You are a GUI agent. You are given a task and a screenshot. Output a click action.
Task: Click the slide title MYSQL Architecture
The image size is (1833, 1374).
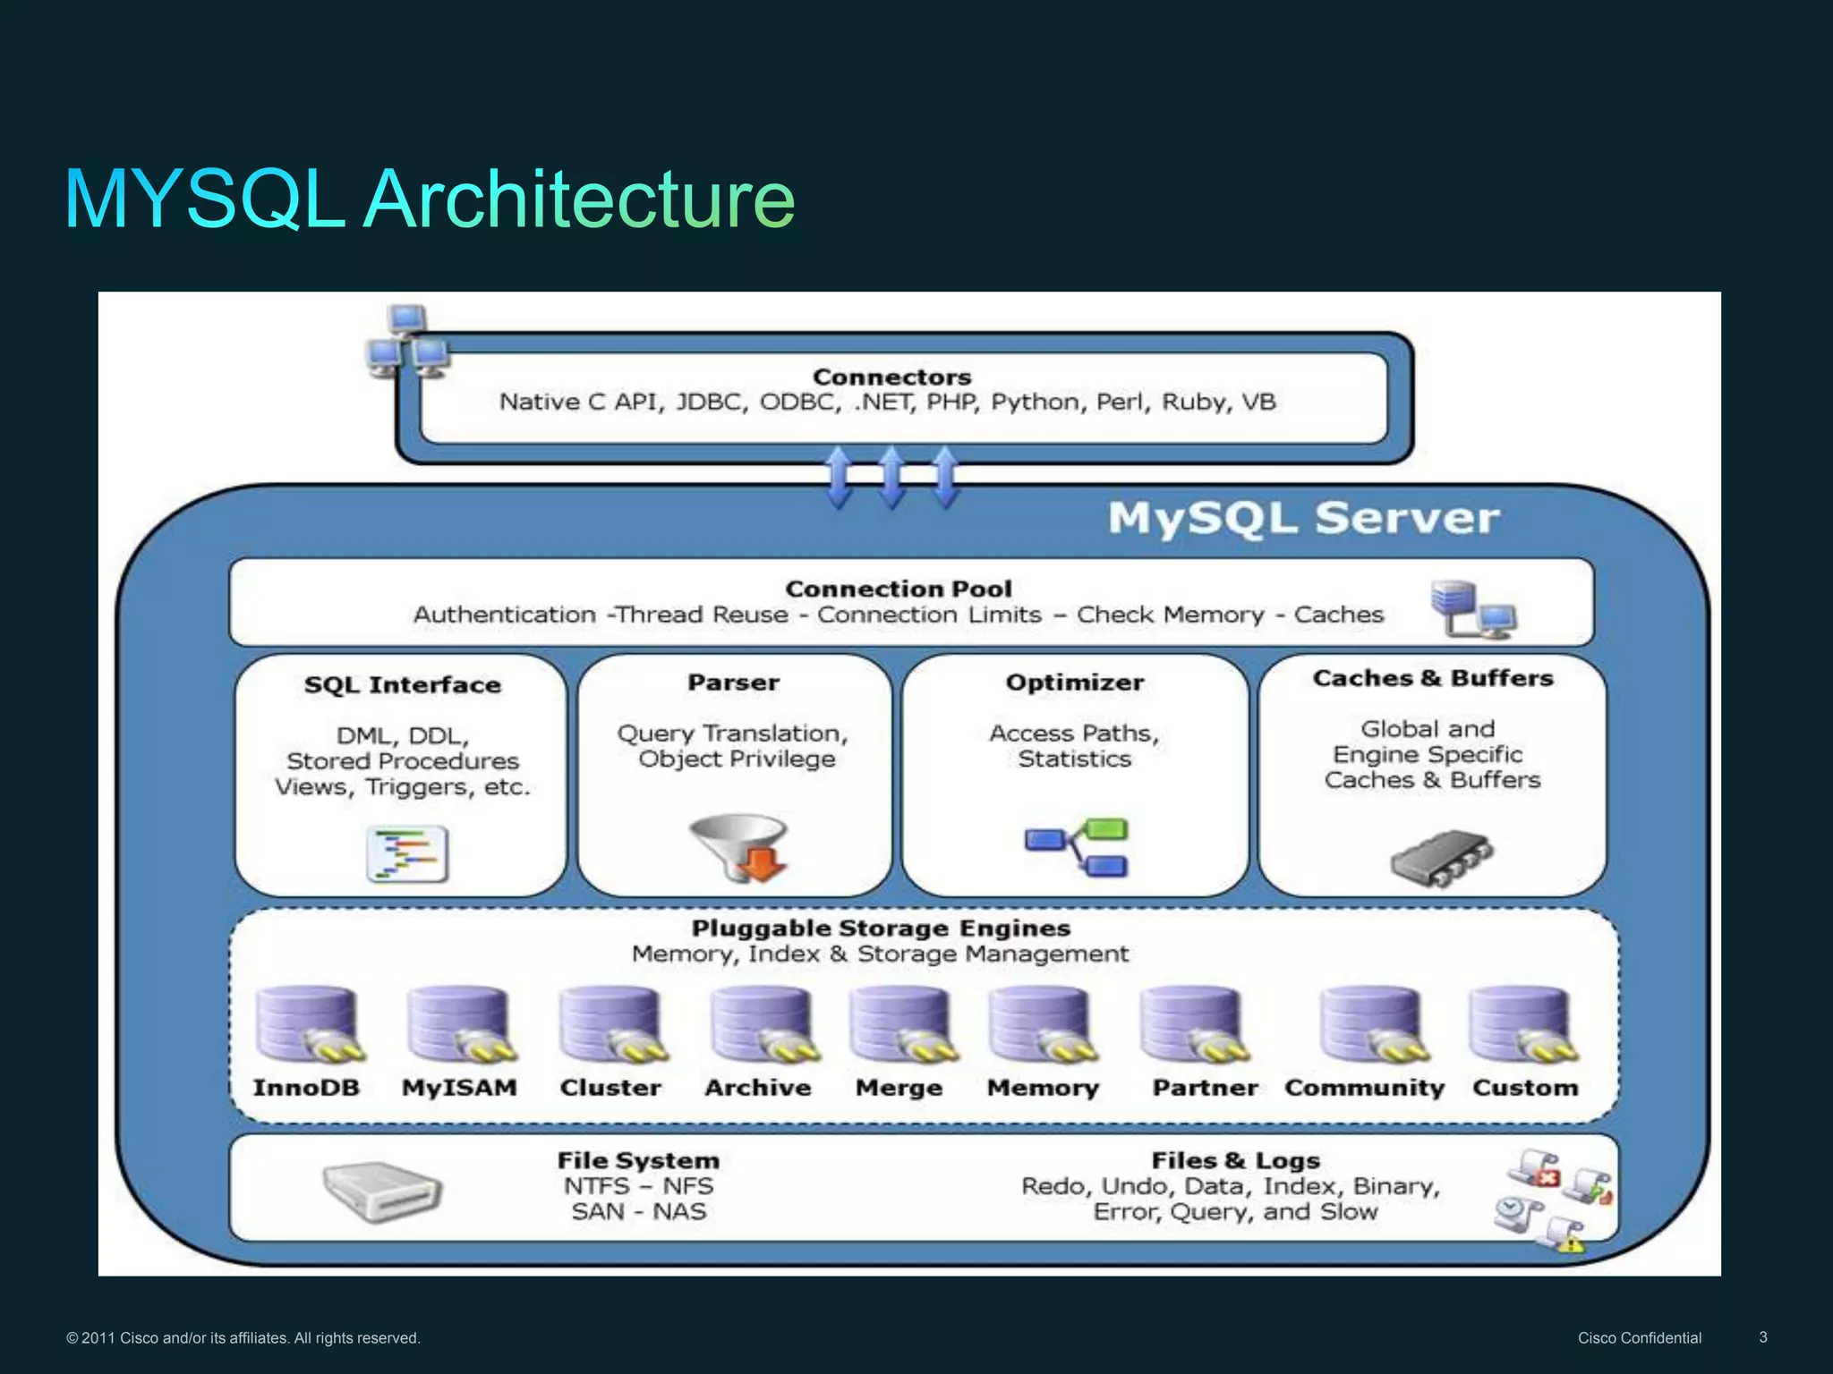point(430,199)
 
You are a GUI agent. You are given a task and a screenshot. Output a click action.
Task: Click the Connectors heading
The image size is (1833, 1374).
point(891,377)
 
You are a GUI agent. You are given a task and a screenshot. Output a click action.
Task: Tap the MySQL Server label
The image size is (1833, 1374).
point(1303,518)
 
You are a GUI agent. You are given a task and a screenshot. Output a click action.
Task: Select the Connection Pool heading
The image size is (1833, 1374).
point(899,589)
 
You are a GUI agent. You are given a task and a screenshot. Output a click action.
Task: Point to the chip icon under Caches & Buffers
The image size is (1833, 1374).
point(1441,857)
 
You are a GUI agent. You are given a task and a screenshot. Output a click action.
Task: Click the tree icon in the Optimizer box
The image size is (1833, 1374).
point(1078,846)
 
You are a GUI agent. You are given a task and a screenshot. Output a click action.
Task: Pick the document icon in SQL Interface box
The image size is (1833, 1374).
point(407,854)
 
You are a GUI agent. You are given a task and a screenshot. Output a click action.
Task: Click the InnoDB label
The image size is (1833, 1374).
point(306,1088)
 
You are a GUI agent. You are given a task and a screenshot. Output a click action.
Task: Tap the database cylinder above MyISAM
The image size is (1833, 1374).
point(460,1024)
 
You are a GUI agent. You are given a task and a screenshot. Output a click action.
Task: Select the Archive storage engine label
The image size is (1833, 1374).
point(758,1088)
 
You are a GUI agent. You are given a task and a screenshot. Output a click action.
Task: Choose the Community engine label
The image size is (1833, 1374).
point(1365,1088)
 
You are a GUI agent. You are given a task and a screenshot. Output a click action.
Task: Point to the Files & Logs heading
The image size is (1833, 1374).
point(1235,1160)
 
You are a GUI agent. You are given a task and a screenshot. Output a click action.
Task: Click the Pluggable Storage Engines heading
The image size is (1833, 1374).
point(881,928)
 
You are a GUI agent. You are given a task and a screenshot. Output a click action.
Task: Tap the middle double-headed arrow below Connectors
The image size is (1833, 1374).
point(891,478)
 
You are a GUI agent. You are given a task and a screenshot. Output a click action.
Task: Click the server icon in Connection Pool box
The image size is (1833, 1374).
point(1471,608)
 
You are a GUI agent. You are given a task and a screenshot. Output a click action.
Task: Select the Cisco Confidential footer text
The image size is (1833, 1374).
point(1639,1338)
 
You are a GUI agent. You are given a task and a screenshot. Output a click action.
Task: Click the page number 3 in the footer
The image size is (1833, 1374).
point(1763,1337)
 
